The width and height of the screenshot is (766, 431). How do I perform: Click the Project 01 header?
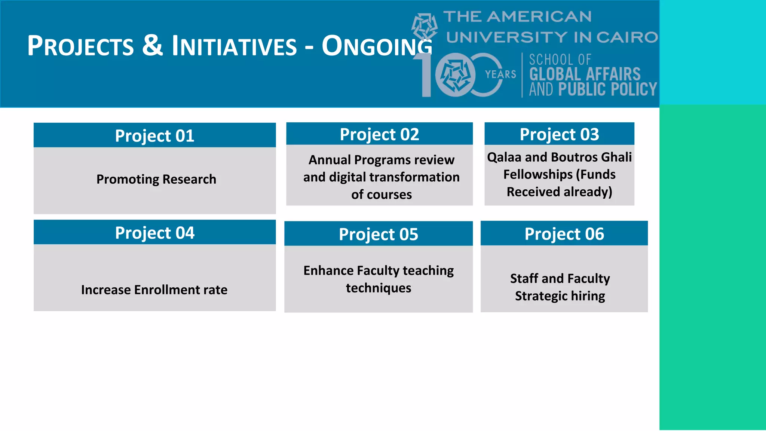click(x=154, y=135)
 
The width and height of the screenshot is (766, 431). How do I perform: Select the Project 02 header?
click(x=379, y=134)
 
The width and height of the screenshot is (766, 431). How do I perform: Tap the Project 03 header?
click(x=559, y=134)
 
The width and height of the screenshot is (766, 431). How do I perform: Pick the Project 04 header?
click(x=154, y=233)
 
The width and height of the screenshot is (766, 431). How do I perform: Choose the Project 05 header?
click(x=379, y=234)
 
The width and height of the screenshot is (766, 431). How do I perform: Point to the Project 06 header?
click(x=564, y=234)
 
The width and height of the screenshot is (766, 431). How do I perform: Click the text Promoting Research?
click(x=156, y=179)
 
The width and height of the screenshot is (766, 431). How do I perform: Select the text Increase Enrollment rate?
click(x=154, y=290)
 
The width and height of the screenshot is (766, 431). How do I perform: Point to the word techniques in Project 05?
click(x=379, y=288)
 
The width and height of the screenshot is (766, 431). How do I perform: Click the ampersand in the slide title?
click(x=153, y=45)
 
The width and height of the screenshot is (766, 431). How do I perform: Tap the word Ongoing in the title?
click(x=377, y=46)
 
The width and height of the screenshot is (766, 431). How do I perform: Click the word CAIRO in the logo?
click(x=627, y=37)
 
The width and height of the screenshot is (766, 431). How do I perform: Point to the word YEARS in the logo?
click(x=500, y=74)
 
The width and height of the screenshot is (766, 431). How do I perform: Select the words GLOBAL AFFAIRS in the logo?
click(x=585, y=74)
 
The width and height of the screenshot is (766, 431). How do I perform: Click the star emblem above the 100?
click(x=425, y=26)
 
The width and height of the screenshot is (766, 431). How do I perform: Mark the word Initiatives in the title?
click(x=234, y=46)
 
